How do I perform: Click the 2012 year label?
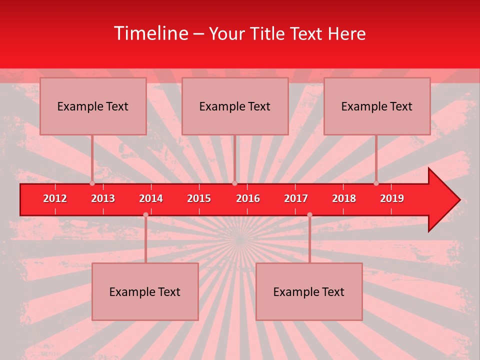click(x=55, y=198)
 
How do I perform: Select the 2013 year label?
click(x=103, y=198)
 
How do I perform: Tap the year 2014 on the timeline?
click(x=151, y=198)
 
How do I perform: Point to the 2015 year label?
click(x=199, y=198)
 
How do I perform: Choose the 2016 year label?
click(x=248, y=198)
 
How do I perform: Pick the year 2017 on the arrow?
click(x=296, y=198)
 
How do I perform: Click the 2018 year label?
click(x=344, y=198)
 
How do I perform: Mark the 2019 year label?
click(x=392, y=198)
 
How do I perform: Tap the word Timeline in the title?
click(x=150, y=33)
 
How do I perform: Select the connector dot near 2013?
click(x=92, y=183)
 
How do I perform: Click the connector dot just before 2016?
click(x=234, y=183)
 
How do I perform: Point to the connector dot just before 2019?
click(x=376, y=183)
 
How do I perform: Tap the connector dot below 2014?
click(x=145, y=215)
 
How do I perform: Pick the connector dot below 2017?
click(x=309, y=215)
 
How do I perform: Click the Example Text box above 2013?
click(x=93, y=106)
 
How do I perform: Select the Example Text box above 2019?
click(x=377, y=106)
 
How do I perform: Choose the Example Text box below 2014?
click(x=145, y=291)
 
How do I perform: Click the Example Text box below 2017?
click(x=309, y=291)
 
